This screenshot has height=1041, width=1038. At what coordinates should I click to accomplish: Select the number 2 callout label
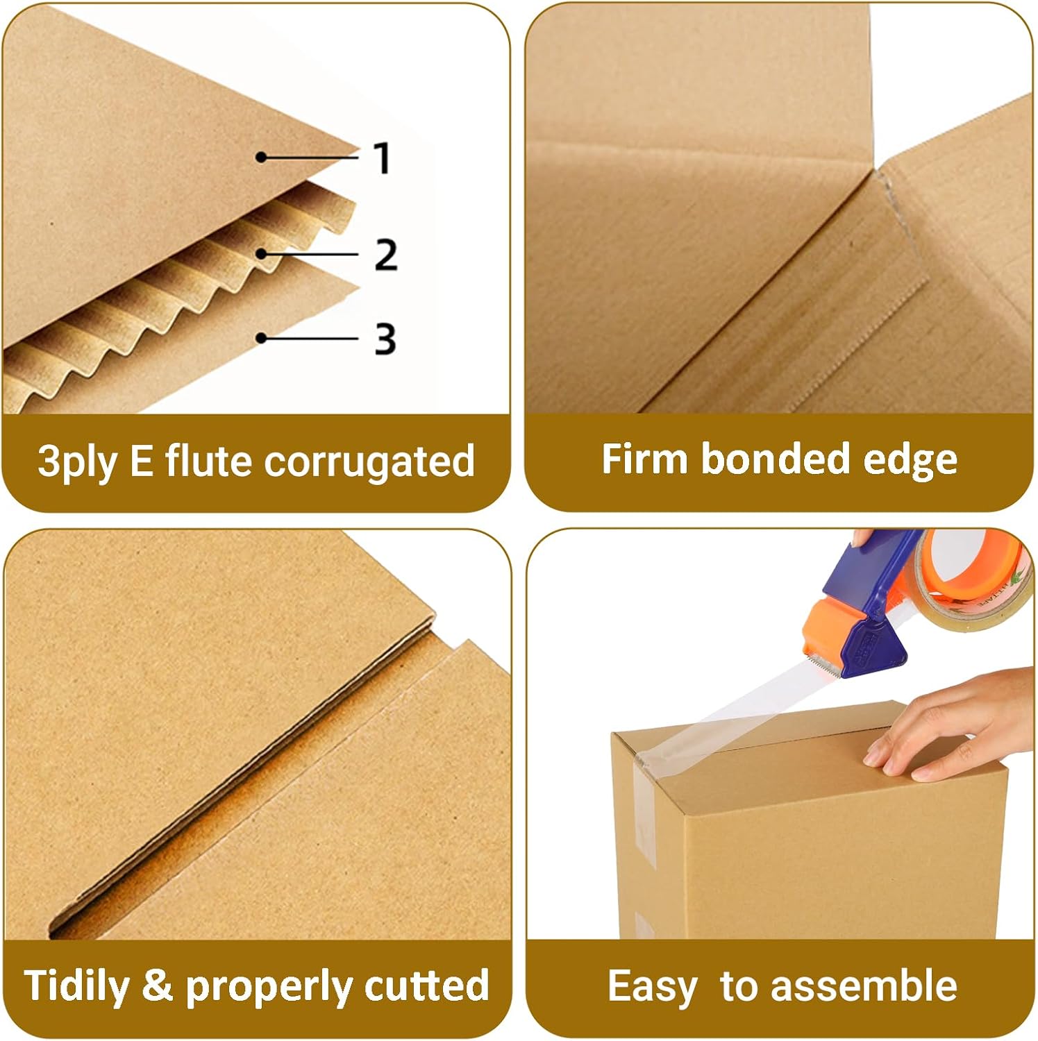385,255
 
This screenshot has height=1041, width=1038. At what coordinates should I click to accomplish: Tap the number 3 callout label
385,339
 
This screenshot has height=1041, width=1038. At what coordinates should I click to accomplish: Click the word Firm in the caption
644,459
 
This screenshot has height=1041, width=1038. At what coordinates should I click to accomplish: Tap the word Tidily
76,986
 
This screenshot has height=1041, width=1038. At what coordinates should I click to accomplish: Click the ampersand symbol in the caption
157,985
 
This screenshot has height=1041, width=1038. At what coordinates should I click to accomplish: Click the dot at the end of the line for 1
260,158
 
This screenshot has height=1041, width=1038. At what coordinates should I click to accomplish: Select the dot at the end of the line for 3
261,339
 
